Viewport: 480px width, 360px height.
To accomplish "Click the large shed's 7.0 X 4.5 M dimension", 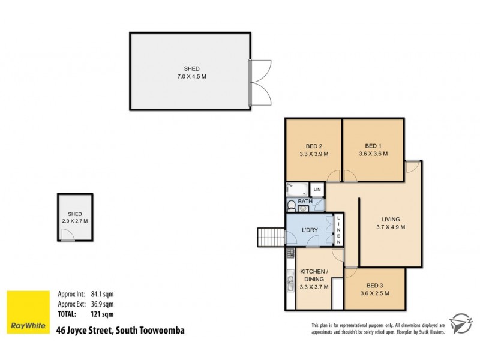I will pyautogui.click(x=192, y=77).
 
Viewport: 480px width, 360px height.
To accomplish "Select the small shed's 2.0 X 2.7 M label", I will pyautogui.click(x=75, y=221).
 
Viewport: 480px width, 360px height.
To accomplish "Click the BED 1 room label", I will pyautogui.click(x=373, y=146).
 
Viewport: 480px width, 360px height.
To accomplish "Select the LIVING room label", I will pyautogui.click(x=390, y=219).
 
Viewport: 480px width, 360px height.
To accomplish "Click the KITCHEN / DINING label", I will pyautogui.click(x=312, y=275).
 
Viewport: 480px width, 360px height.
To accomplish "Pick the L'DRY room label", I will pyautogui.click(x=310, y=230).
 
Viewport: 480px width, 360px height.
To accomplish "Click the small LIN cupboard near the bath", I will pyautogui.click(x=318, y=190).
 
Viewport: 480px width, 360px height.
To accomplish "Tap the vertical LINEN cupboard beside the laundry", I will pyautogui.click(x=338, y=229).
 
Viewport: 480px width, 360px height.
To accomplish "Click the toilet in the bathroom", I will pyautogui.click(x=291, y=206).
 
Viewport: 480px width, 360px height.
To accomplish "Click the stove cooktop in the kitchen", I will pyautogui.click(x=290, y=253).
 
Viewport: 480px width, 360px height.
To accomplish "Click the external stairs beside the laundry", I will pyautogui.click(x=270, y=237).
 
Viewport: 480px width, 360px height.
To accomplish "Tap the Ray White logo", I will pyautogui.click(x=27, y=312).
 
